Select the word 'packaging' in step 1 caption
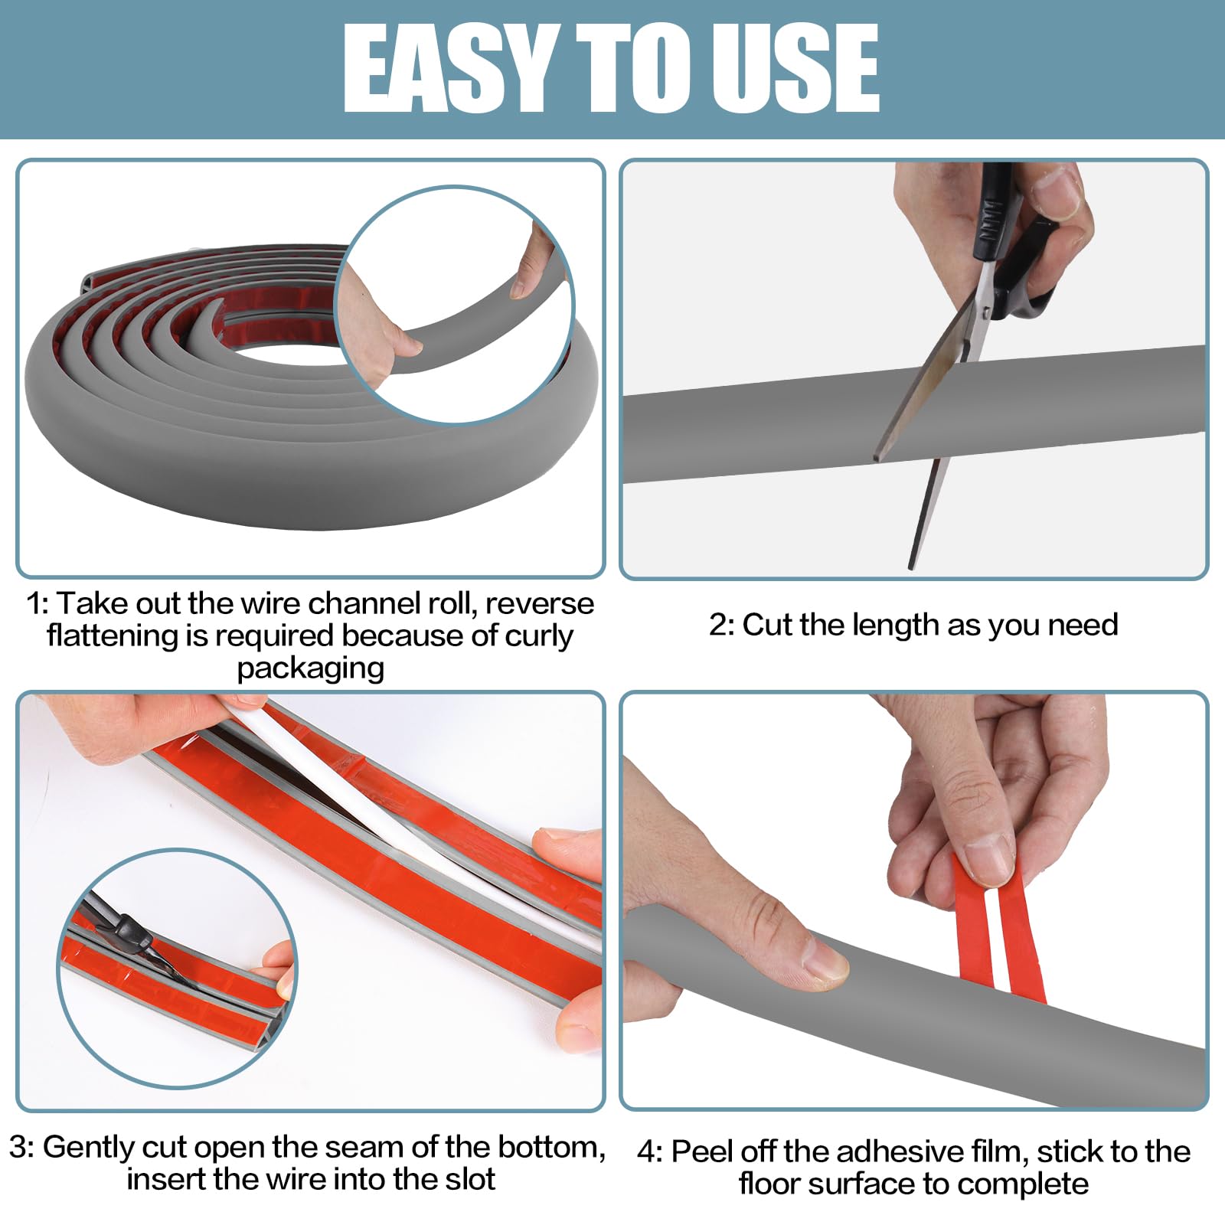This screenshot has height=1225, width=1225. tap(310, 668)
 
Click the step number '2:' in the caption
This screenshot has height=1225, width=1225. tap(721, 625)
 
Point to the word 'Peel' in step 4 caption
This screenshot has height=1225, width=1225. tap(701, 1152)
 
